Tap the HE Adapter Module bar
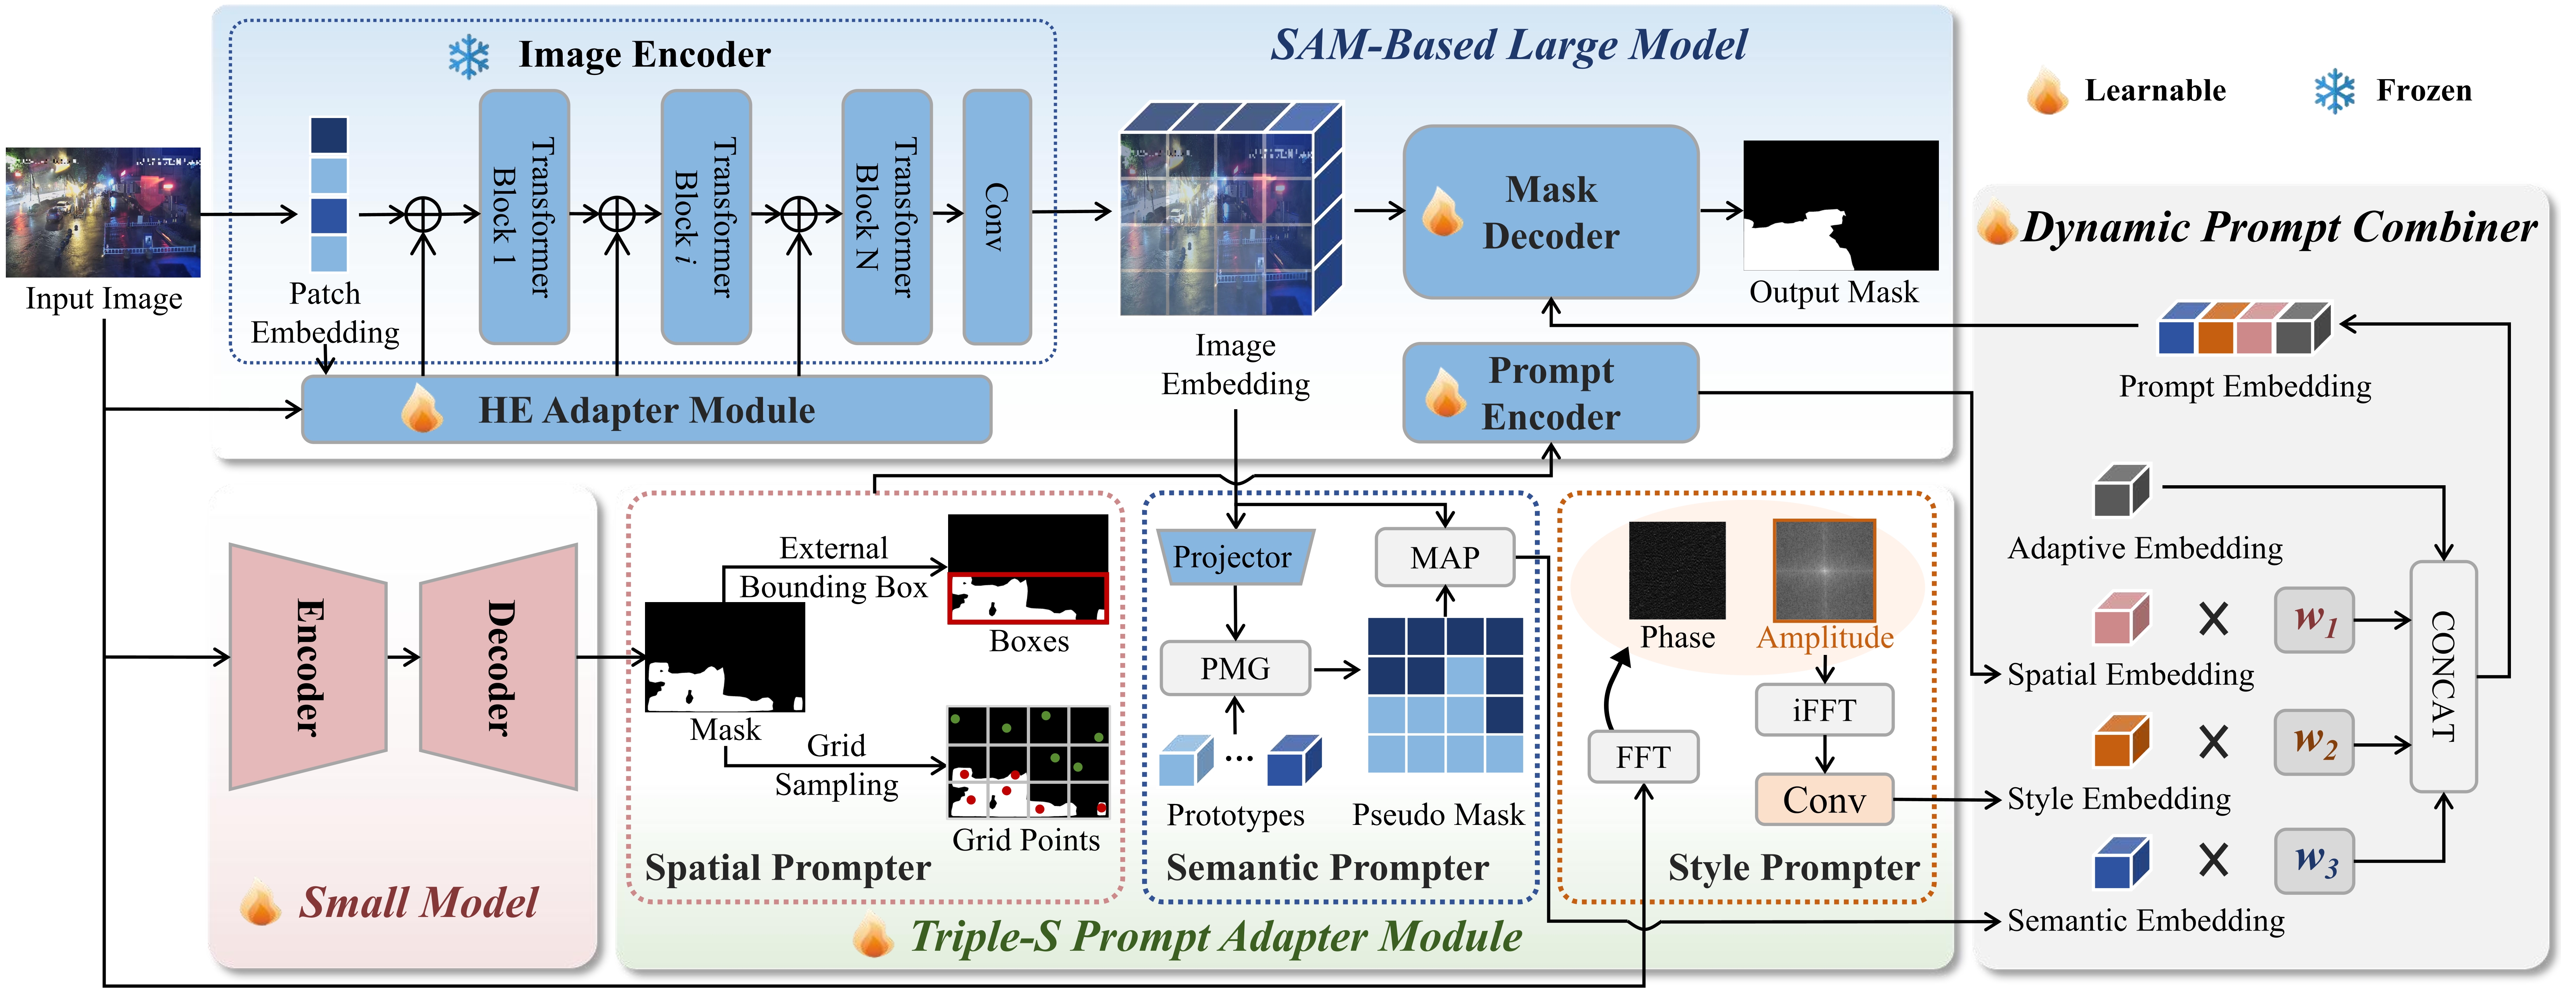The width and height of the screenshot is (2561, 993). (x=646, y=410)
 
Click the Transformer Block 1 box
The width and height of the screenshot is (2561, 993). (x=524, y=217)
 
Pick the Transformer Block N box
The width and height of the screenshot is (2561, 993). (x=887, y=217)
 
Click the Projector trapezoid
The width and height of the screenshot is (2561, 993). (x=1234, y=557)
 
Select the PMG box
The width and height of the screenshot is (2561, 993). (x=1235, y=668)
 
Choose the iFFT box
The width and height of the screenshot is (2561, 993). (x=1824, y=710)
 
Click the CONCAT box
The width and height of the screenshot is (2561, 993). (x=2443, y=677)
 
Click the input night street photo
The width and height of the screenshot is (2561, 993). (x=103, y=213)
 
